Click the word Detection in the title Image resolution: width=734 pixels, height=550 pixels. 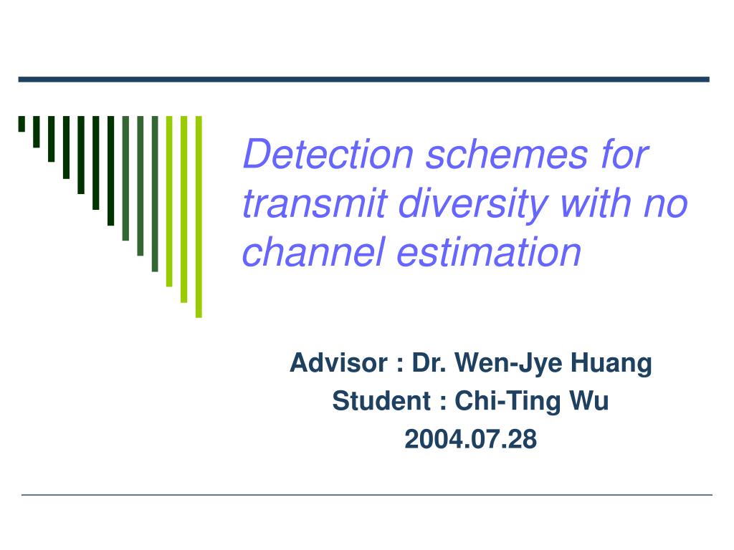tap(328, 154)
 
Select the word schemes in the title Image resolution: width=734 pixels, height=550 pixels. tap(507, 154)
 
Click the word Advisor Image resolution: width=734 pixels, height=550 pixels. tap(339, 362)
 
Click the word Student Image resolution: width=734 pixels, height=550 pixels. tap(381, 401)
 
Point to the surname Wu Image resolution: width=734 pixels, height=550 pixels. tap(589, 401)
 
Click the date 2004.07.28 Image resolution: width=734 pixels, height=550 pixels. tap(470, 439)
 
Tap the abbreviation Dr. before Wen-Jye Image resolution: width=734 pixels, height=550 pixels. tap(429, 362)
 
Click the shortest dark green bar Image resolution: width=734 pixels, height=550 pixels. tap(22, 124)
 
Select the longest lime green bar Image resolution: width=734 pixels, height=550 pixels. tap(199, 216)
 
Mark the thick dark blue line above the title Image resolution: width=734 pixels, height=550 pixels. tap(363, 79)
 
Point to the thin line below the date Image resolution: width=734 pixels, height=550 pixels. tap(366, 494)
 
